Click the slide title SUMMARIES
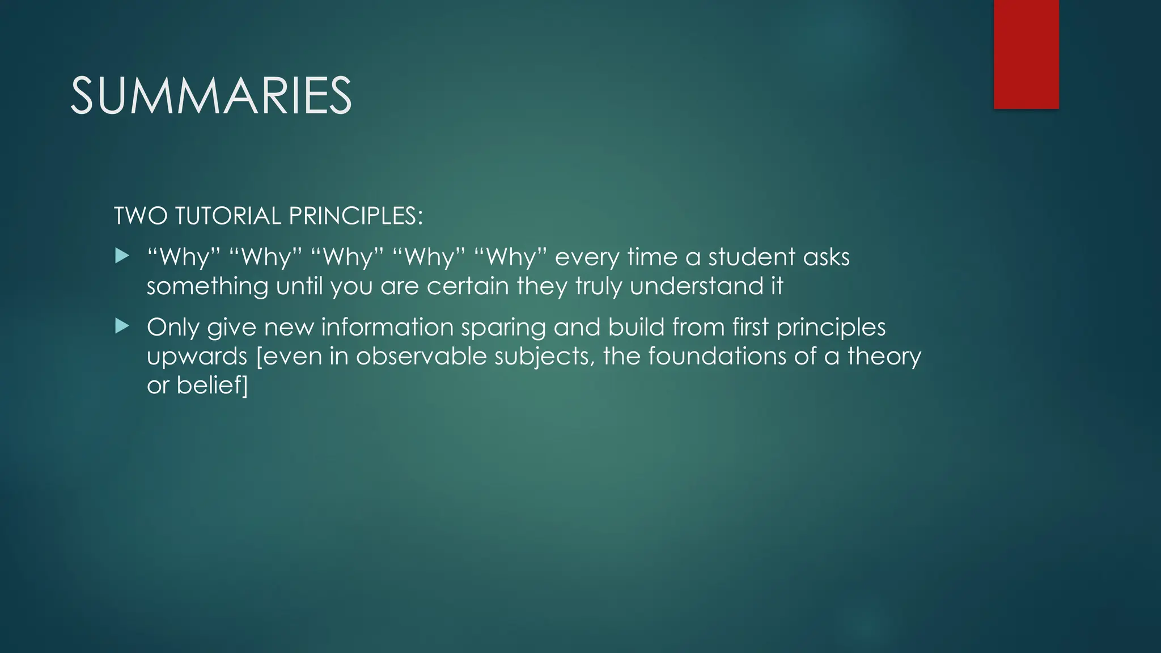click(x=211, y=96)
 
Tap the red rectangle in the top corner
click(x=1026, y=54)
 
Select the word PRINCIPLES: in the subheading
click(x=355, y=216)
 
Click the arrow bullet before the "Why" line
click(x=122, y=257)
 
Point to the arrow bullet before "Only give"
click(x=122, y=326)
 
